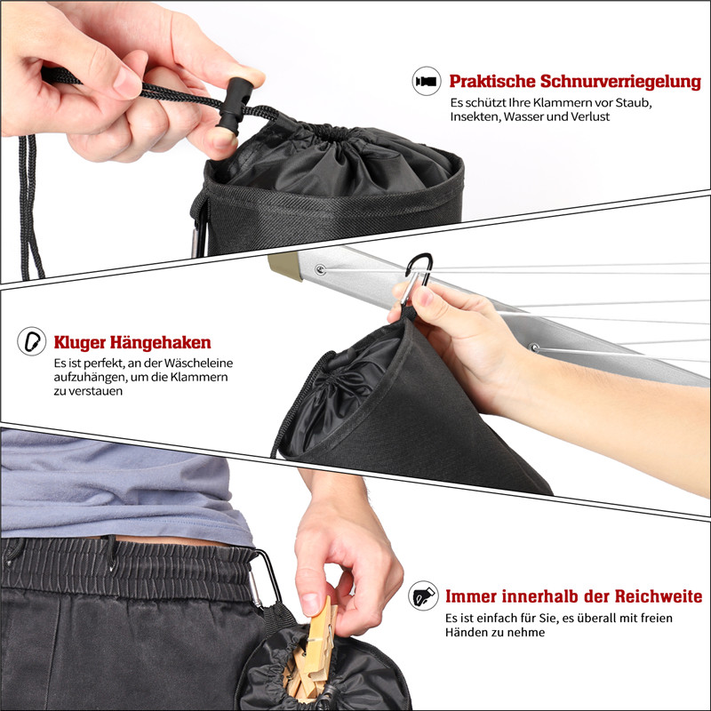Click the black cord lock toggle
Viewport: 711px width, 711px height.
[233, 105]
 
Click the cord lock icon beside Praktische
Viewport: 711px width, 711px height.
[427, 81]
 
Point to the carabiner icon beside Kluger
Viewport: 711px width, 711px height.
[32, 341]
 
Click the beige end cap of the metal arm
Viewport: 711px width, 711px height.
[284, 267]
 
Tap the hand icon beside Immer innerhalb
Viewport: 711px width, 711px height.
[423, 595]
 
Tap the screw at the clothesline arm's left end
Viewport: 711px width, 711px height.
[321, 270]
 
